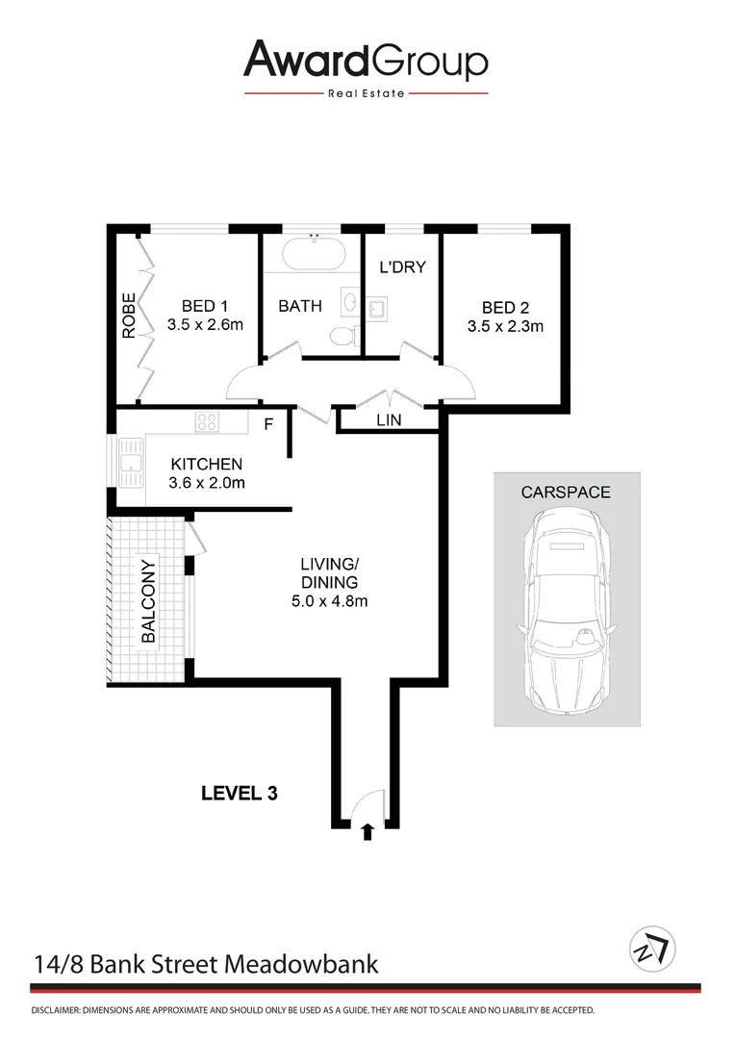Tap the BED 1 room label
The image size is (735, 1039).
coord(204,307)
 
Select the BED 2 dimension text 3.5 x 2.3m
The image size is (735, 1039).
coord(506,326)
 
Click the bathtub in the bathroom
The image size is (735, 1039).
coord(313,253)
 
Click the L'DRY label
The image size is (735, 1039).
coord(402,267)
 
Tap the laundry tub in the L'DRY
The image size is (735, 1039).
coord(376,307)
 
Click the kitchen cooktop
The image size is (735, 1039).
coord(208,421)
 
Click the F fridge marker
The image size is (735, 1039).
coord(269,424)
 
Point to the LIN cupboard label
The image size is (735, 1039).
coord(389,421)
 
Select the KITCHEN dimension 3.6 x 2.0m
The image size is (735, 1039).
coord(208,483)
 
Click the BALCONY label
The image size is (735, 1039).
coord(148,601)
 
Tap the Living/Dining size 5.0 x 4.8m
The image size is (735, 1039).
coord(329,601)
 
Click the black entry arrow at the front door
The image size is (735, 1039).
coord(367,831)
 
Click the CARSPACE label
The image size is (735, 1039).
coord(566,492)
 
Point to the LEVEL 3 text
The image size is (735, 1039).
coord(240,794)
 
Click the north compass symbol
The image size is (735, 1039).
coord(652,949)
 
